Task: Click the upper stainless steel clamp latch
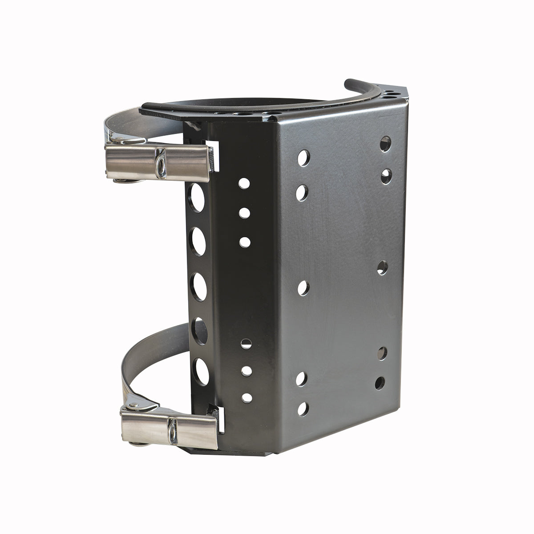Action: point(160,157)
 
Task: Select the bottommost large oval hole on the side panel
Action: point(201,371)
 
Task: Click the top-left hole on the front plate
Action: point(303,158)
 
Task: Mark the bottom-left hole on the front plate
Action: point(303,409)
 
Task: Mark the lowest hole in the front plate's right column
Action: point(380,383)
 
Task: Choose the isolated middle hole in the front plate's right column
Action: point(382,267)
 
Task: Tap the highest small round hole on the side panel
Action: point(244,183)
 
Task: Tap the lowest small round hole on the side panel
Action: point(246,397)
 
